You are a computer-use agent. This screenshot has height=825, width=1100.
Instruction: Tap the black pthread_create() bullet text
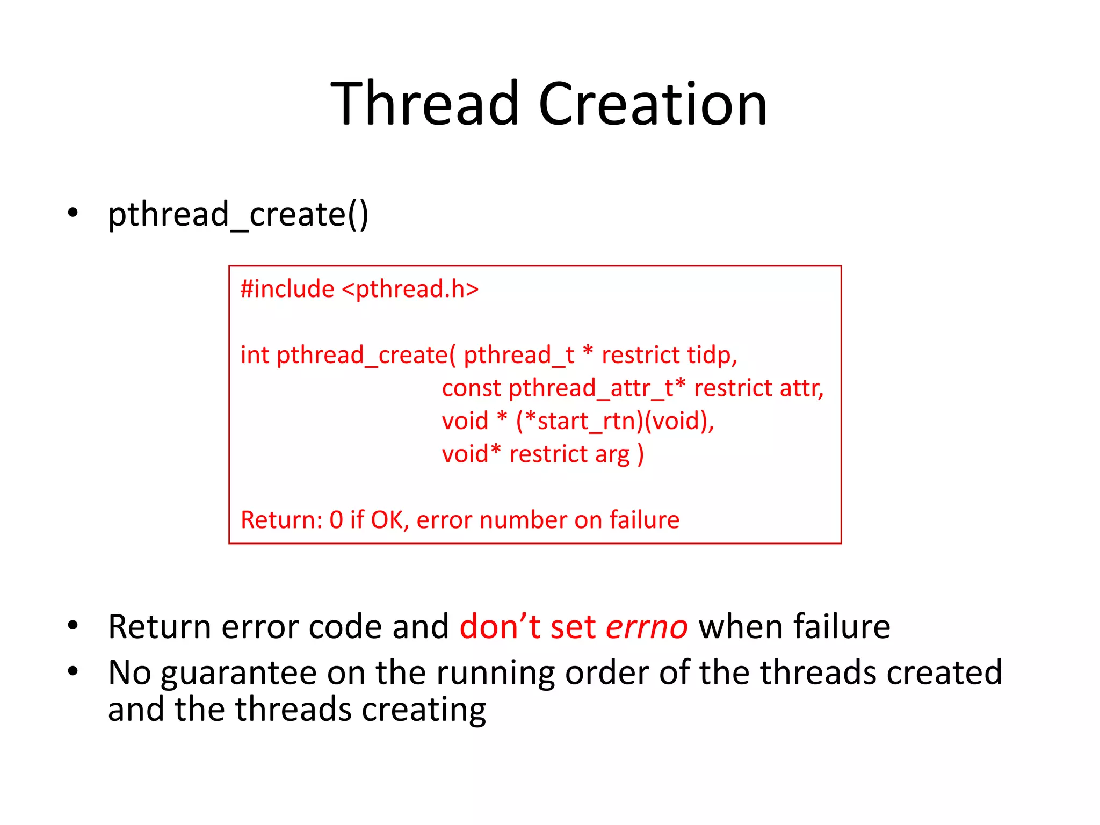[238, 214]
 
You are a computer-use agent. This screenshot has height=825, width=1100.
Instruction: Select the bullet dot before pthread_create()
[73, 213]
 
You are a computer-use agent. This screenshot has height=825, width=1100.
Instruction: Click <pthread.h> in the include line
[410, 289]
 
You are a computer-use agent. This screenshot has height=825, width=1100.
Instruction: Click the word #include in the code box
[287, 289]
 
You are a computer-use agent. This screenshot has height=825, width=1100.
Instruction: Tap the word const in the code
[471, 388]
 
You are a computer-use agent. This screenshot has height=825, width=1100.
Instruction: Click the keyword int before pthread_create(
[254, 356]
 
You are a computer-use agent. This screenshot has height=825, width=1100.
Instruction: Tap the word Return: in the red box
[281, 520]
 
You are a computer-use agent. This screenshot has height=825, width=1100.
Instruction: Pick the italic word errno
[646, 627]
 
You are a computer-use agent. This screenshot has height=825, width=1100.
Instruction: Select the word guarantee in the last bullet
[239, 673]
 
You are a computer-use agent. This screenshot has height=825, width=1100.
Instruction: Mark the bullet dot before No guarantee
[73, 671]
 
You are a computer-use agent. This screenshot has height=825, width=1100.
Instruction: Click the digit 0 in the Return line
[336, 520]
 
